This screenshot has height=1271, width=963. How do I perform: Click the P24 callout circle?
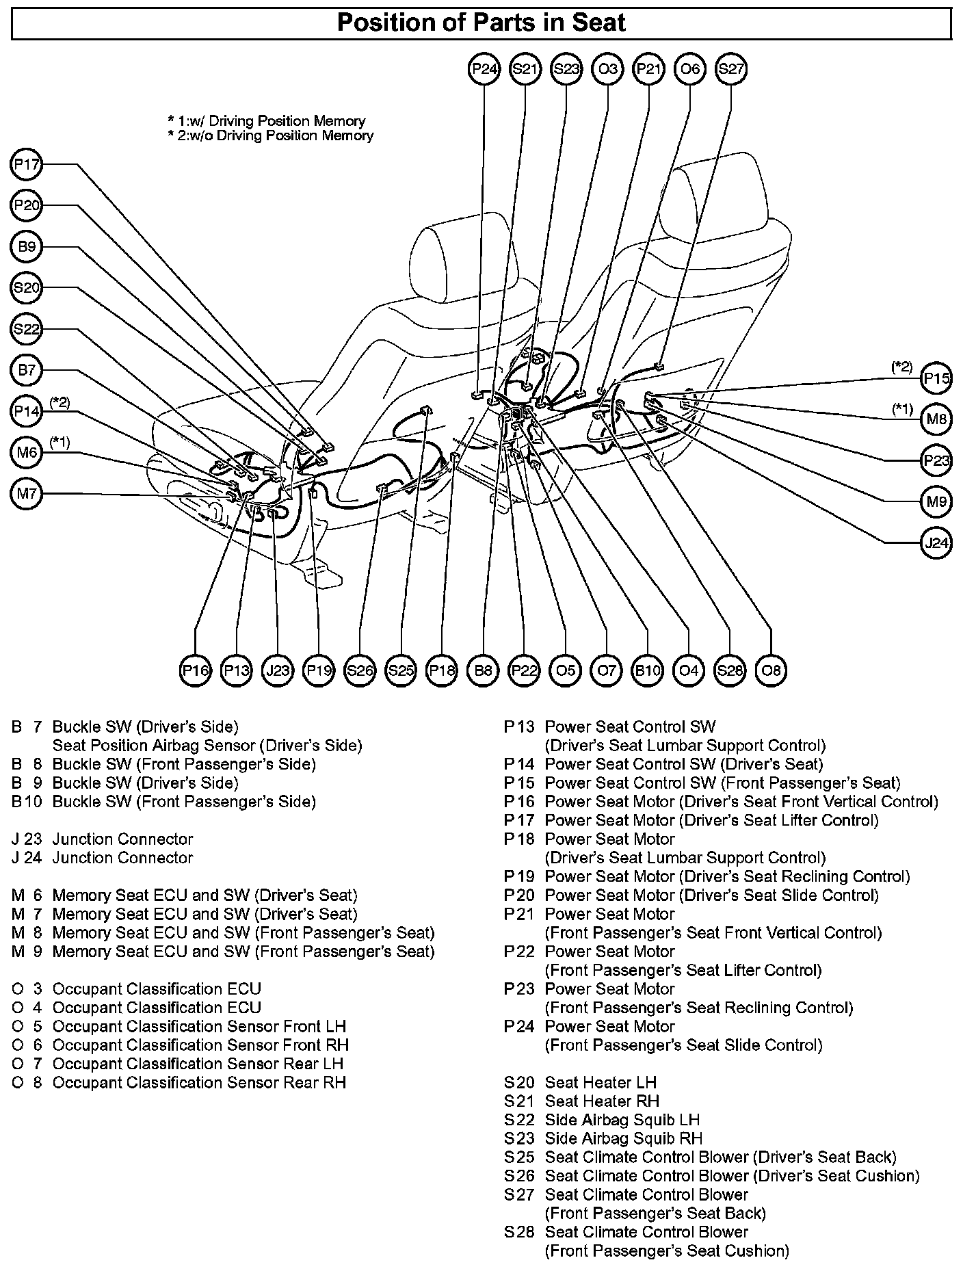tap(484, 69)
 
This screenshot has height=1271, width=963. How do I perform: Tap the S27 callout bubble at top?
tap(730, 69)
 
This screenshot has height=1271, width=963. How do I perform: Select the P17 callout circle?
tap(27, 165)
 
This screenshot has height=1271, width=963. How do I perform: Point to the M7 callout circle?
tap(27, 494)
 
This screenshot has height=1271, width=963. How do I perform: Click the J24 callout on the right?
tap(936, 543)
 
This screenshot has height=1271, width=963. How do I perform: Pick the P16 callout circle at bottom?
tap(196, 670)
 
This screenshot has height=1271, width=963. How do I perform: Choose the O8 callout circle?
tap(771, 670)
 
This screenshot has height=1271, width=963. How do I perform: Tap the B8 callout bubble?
tap(483, 670)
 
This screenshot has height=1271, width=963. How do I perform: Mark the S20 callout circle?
tap(27, 288)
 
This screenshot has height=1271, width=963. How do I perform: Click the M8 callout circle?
tap(936, 419)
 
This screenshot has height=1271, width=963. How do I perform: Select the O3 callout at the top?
tap(607, 69)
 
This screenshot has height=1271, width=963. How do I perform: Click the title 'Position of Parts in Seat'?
tap(481, 23)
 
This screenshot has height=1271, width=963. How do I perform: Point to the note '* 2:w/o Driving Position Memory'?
tap(271, 135)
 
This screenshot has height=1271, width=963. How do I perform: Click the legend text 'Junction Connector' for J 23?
tap(122, 839)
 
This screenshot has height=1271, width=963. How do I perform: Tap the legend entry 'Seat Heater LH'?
tap(600, 1082)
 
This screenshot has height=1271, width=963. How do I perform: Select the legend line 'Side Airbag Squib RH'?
tap(623, 1138)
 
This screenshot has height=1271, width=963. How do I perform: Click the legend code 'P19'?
tap(519, 876)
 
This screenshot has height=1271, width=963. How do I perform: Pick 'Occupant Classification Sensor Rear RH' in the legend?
tap(199, 1082)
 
